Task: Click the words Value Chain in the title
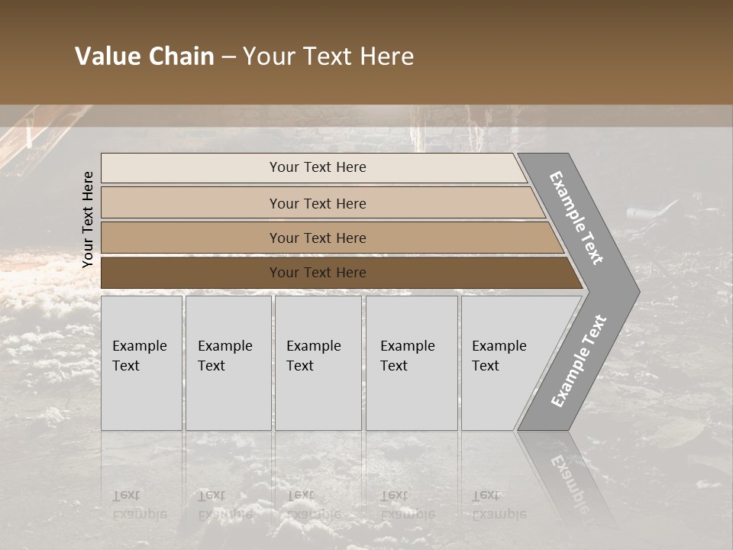[x=144, y=57]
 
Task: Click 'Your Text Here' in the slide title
[x=328, y=57]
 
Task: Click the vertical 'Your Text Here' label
[x=88, y=219]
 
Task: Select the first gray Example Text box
[x=141, y=363]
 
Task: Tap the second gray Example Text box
[x=228, y=363]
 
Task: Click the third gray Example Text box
[x=318, y=363]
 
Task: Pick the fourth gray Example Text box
[x=412, y=363]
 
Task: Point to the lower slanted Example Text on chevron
[x=578, y=361]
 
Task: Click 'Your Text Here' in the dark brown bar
[x=318, y=273]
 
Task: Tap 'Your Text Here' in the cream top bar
[x=318, y=167]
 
